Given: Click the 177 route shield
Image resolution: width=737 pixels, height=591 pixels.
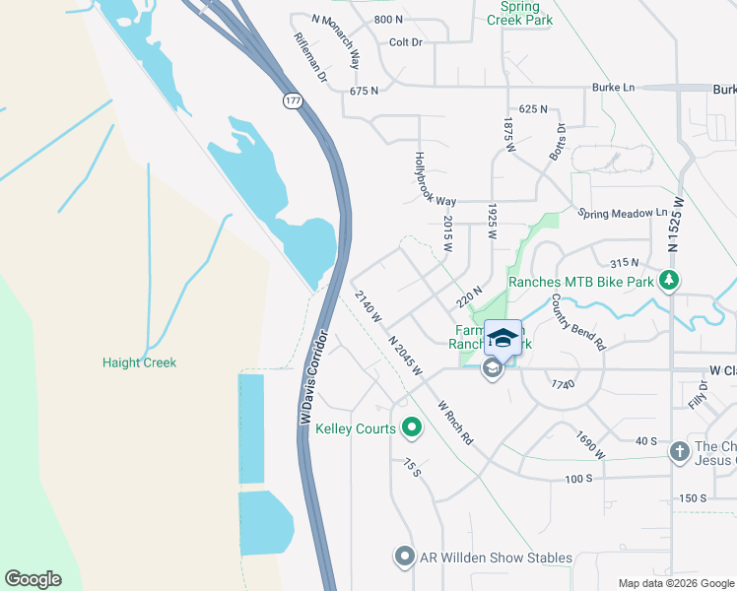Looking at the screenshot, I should [x=293, y=101].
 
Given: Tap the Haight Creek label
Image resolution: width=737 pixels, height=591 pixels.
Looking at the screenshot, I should [x=139, y=362].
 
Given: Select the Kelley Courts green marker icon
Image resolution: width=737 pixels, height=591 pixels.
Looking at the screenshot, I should [x=413, y=428].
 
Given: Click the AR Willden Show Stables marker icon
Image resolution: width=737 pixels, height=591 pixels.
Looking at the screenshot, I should [x=404, y=558].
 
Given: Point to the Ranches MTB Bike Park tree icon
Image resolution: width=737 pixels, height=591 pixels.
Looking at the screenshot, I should [x=669, y=282].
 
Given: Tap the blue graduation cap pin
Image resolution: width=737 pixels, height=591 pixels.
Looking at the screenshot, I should [x=502, y=338].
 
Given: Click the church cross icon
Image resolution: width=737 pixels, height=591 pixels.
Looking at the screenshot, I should [x=679, y=452].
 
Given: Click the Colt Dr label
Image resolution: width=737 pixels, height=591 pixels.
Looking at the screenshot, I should [x=405, y=42].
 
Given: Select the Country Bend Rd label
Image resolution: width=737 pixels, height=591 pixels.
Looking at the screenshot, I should [x=577, y=322].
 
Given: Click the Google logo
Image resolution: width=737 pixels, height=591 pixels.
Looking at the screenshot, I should [x=33, y=579].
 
